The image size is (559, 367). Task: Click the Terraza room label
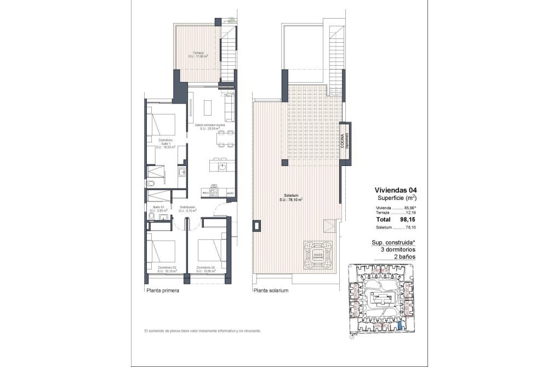point(198,54)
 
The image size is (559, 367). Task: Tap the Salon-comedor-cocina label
point(210,127)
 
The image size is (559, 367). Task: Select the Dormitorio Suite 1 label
point(165,144)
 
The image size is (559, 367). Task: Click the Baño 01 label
point(158,208)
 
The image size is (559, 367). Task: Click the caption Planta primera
point(163,291)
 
